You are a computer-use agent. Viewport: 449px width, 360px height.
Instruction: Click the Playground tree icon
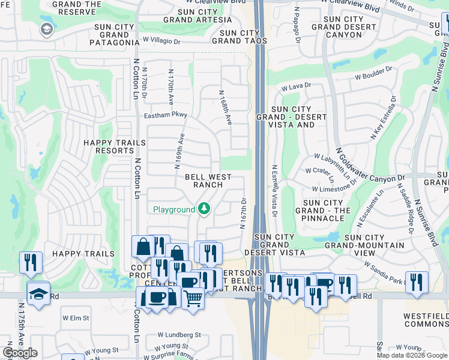pyautogui.click(x=205, y=209)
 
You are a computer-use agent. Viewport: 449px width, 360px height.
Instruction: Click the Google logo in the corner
pyautogui.click(x=20, y=353)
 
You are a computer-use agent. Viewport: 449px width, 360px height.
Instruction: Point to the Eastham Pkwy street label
pyautogui.click(x=166, y=115)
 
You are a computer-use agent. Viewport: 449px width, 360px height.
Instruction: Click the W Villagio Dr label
pyautogui.click(x=161, y=41)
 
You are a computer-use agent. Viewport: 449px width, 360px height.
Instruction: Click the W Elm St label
pyautogui.click(x=76, y=317)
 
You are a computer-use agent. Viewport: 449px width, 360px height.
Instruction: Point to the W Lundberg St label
pyautogui.click(x=179, y=335)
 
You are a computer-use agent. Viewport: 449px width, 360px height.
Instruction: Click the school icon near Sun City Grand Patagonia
pyautogui.click(x=46, y=29)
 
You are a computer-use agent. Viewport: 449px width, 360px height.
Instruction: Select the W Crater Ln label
pyautogui.click(x=319, y=170)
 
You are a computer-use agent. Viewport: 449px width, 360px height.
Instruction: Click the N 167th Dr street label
pyautogui.click(x=244, y=213)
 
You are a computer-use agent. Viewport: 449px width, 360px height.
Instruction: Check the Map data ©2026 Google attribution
pyautogui.click(x=412, y=355)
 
